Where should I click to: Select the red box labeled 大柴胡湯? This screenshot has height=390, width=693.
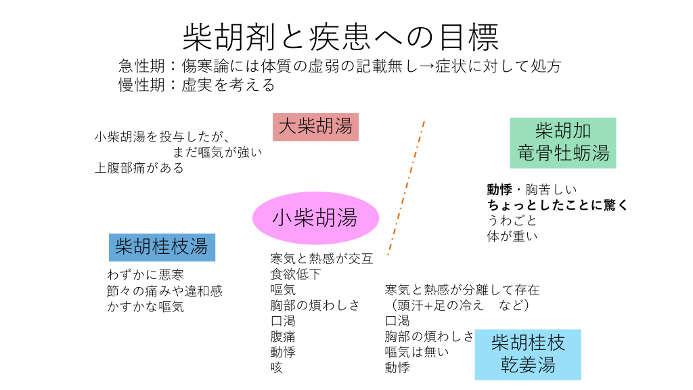315,127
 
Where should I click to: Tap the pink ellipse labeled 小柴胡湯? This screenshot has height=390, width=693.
315,217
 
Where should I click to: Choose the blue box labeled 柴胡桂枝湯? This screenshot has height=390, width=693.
162,246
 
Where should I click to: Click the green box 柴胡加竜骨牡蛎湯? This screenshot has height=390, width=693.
563,142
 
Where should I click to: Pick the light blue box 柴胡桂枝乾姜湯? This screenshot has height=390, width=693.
528,354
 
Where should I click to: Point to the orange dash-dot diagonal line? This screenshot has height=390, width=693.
407,188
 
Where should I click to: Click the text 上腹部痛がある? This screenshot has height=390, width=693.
139,168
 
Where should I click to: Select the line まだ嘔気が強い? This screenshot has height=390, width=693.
217,152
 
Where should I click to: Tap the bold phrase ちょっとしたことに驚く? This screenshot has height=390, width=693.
558,205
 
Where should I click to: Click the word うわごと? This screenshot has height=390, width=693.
512,221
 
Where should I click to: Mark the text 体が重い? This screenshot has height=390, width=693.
512,236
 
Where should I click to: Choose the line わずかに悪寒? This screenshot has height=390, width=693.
146,275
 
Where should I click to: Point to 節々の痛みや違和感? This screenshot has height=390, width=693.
164,290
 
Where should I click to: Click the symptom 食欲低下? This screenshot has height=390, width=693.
296,274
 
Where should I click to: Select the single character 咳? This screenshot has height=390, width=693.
277,368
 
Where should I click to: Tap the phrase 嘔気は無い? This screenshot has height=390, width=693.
417,352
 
